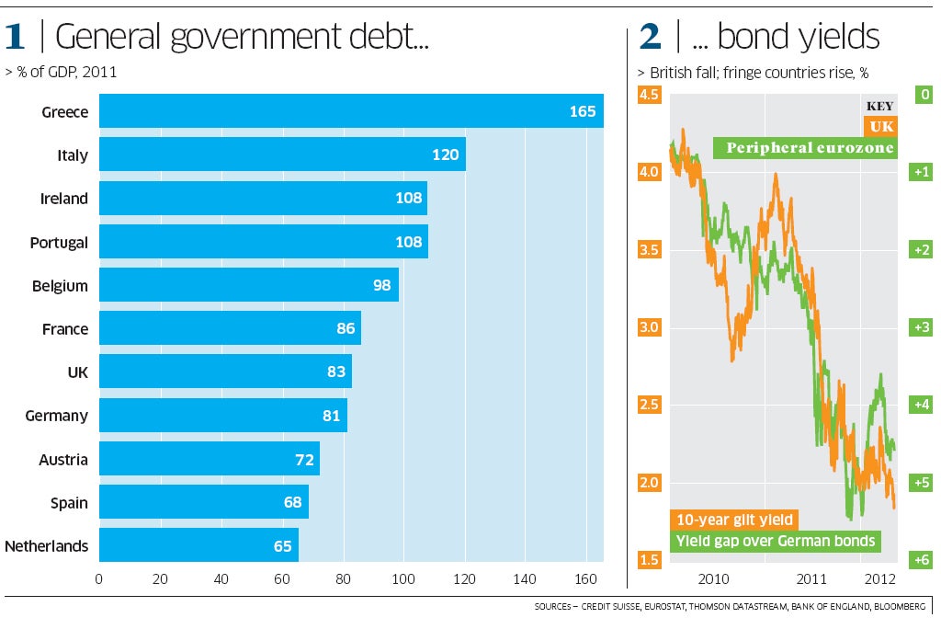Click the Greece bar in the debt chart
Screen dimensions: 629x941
click(x=349, y=111)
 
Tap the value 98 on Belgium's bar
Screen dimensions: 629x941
click(x=382, y=285)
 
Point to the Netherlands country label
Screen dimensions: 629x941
click(x=46, y=546)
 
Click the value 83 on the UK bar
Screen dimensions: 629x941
click(x=335, y=372)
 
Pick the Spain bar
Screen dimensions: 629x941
click(x=203, y=502)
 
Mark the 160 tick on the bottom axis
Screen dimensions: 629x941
click(x=586, y=579)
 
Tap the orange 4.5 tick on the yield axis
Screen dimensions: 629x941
click(x=650, y=95)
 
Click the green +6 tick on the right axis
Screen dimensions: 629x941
click(x=922, y=560)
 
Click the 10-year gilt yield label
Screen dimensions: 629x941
click(x=732, y=520)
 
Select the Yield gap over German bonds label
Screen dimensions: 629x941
click(x=775, y=541)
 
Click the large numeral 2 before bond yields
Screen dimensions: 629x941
click(x=650, y=38)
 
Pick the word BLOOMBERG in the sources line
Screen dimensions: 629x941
click(x=901, y=607)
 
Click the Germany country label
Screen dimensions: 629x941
click(x=57, y=416)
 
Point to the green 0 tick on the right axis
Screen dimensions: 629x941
click(x=924, y=95)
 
